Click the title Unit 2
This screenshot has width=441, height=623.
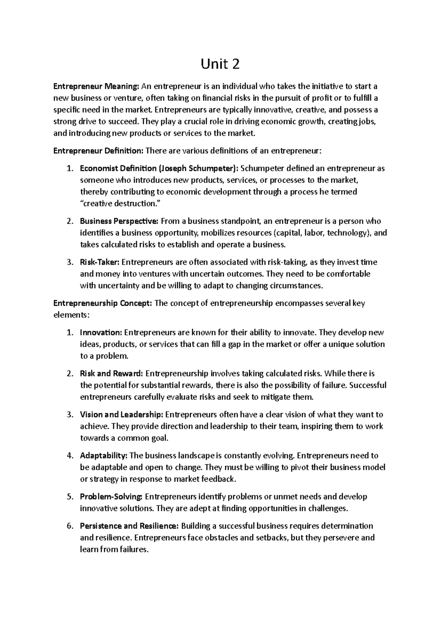click(x=220, y=65)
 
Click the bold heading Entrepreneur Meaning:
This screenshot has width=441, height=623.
click(x=97, y=87)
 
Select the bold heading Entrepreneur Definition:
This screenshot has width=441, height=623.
click(x=99, y=151)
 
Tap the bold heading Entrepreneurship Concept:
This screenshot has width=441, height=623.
click(x=103, y=303)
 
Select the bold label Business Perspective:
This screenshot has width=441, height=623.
click(x=119, y=221)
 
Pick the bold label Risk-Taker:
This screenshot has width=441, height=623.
click(x=100, y=262)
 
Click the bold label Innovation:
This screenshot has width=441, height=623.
click(x=101, y=333)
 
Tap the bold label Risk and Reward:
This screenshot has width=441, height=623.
click(x=111, y=374)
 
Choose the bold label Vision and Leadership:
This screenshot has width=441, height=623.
click(x=121, y=415)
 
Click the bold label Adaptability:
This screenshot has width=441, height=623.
click(x=104, y=456)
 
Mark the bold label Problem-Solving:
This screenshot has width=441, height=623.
click(x=111, y=497)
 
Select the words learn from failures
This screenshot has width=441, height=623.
click(x=114, y=550)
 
